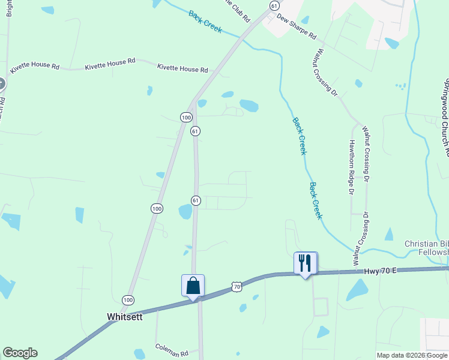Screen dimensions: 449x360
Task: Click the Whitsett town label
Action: [x=124, y=317]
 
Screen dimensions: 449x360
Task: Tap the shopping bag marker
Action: [x=193, y=285]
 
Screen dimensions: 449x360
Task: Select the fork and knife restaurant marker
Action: [x=305, y=263]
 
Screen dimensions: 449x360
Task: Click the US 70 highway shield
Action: [x=238, y=287]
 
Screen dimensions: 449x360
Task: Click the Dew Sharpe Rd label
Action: [x=297, y=27]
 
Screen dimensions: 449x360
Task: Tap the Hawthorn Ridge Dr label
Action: [x=352, y=167]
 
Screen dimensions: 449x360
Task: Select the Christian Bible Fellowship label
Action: [x=426, y=248]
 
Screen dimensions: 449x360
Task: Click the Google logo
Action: [x=20, y=353]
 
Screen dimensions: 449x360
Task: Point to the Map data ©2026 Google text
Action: [x=412, y=356]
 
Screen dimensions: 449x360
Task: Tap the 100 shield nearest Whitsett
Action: [x=128, y=299]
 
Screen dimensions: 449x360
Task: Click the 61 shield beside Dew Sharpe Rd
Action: [x=274, y=5]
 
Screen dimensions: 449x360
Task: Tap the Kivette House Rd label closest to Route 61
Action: [x=182, y=69]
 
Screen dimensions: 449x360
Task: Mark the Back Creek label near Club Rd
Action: [x=205, y=22]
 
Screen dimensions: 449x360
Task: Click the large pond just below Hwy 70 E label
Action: [x=358, y=290]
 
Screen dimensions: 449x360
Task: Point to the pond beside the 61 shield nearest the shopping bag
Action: [x=185, y=211]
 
